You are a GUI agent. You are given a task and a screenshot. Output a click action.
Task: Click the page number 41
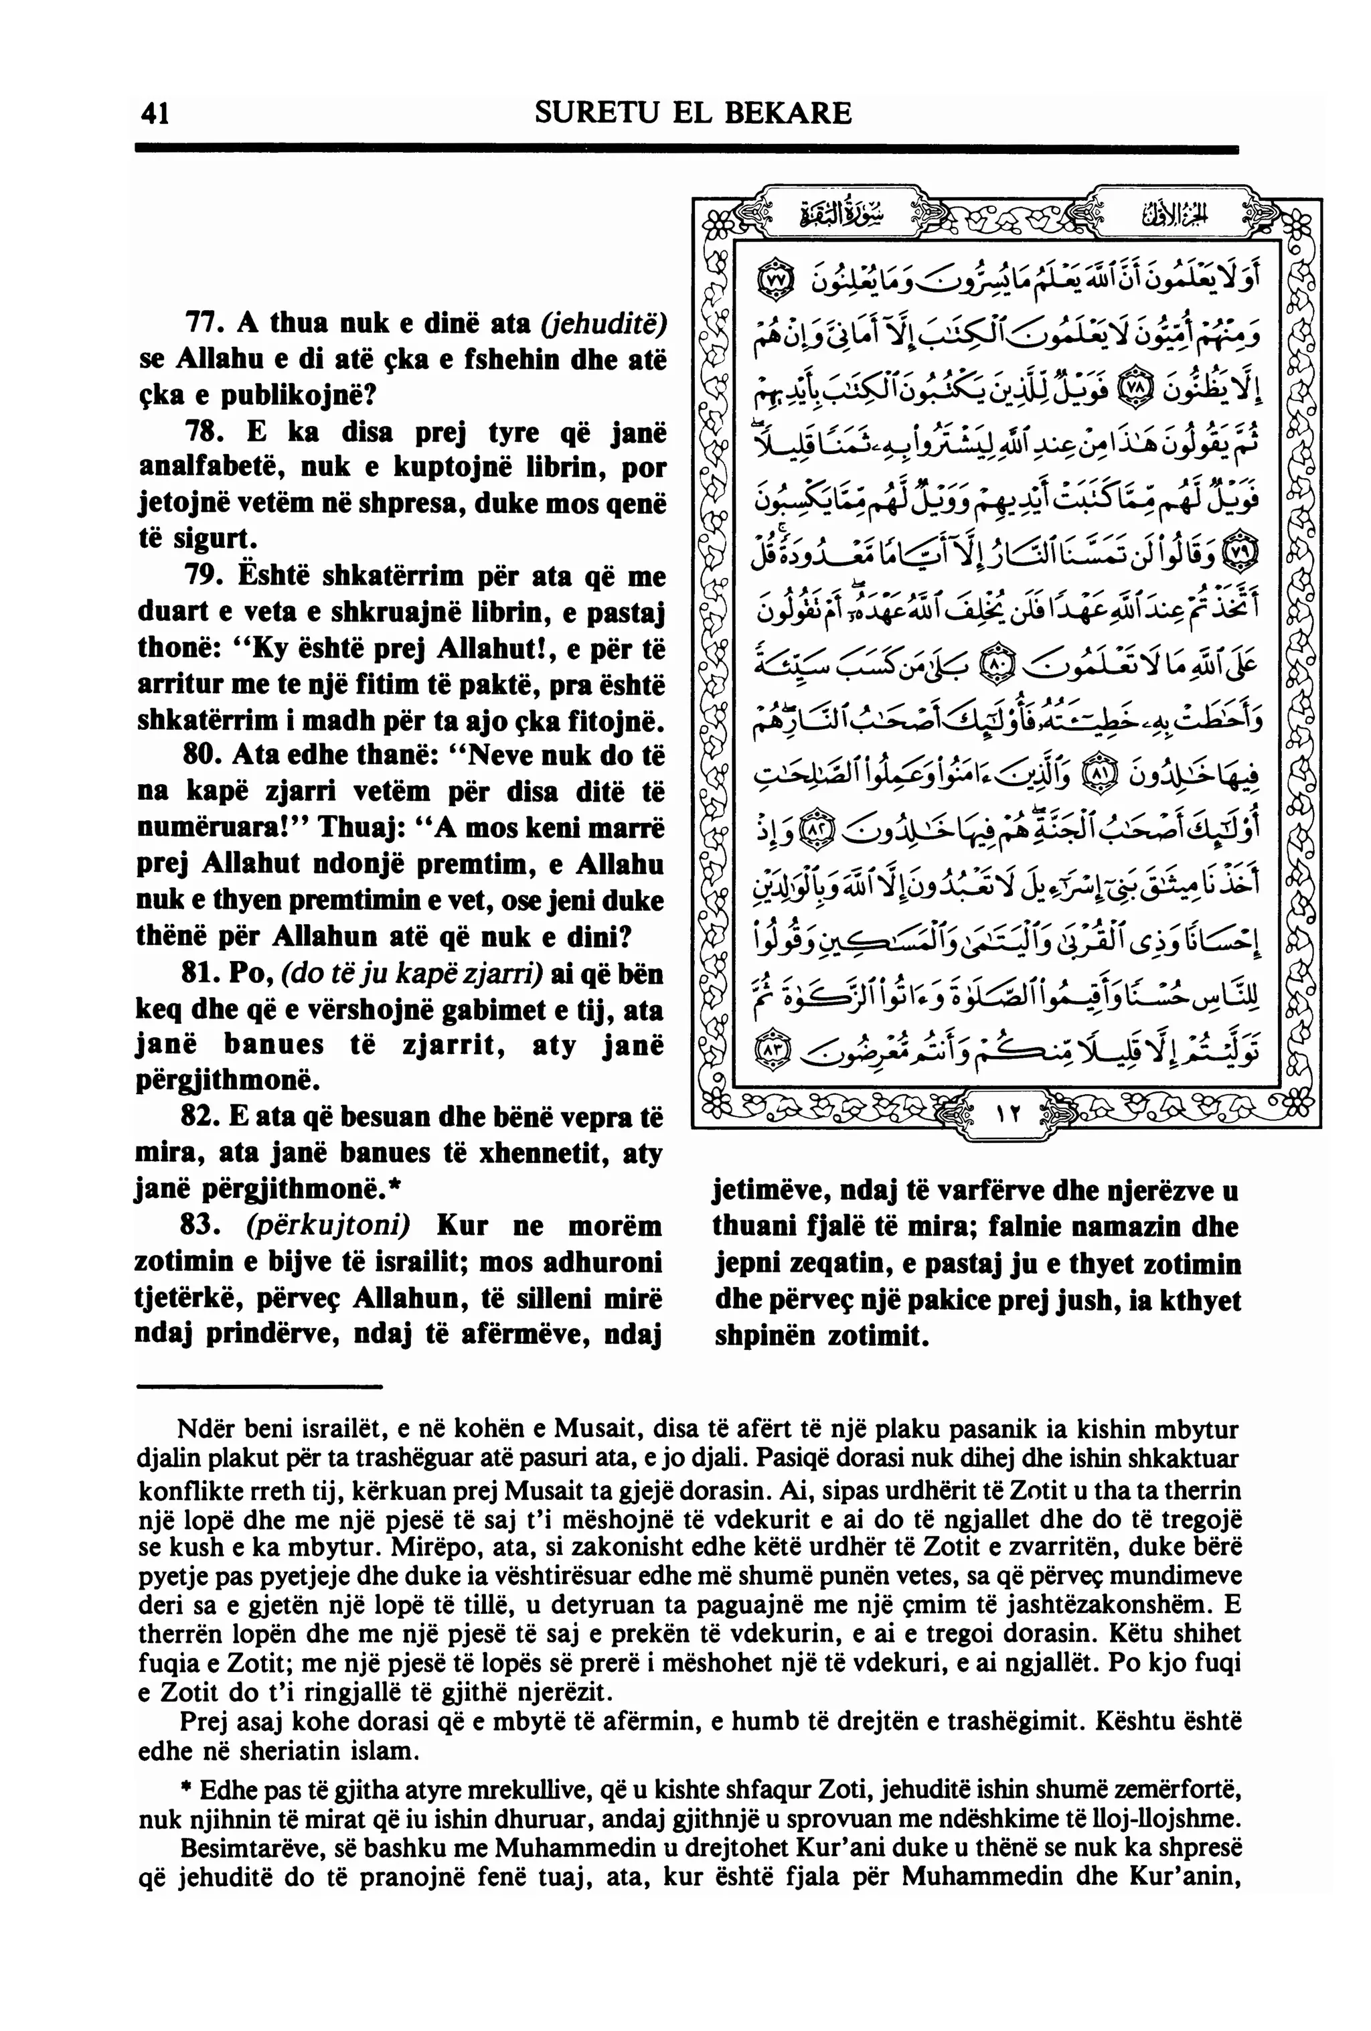[x=154, y=114]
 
